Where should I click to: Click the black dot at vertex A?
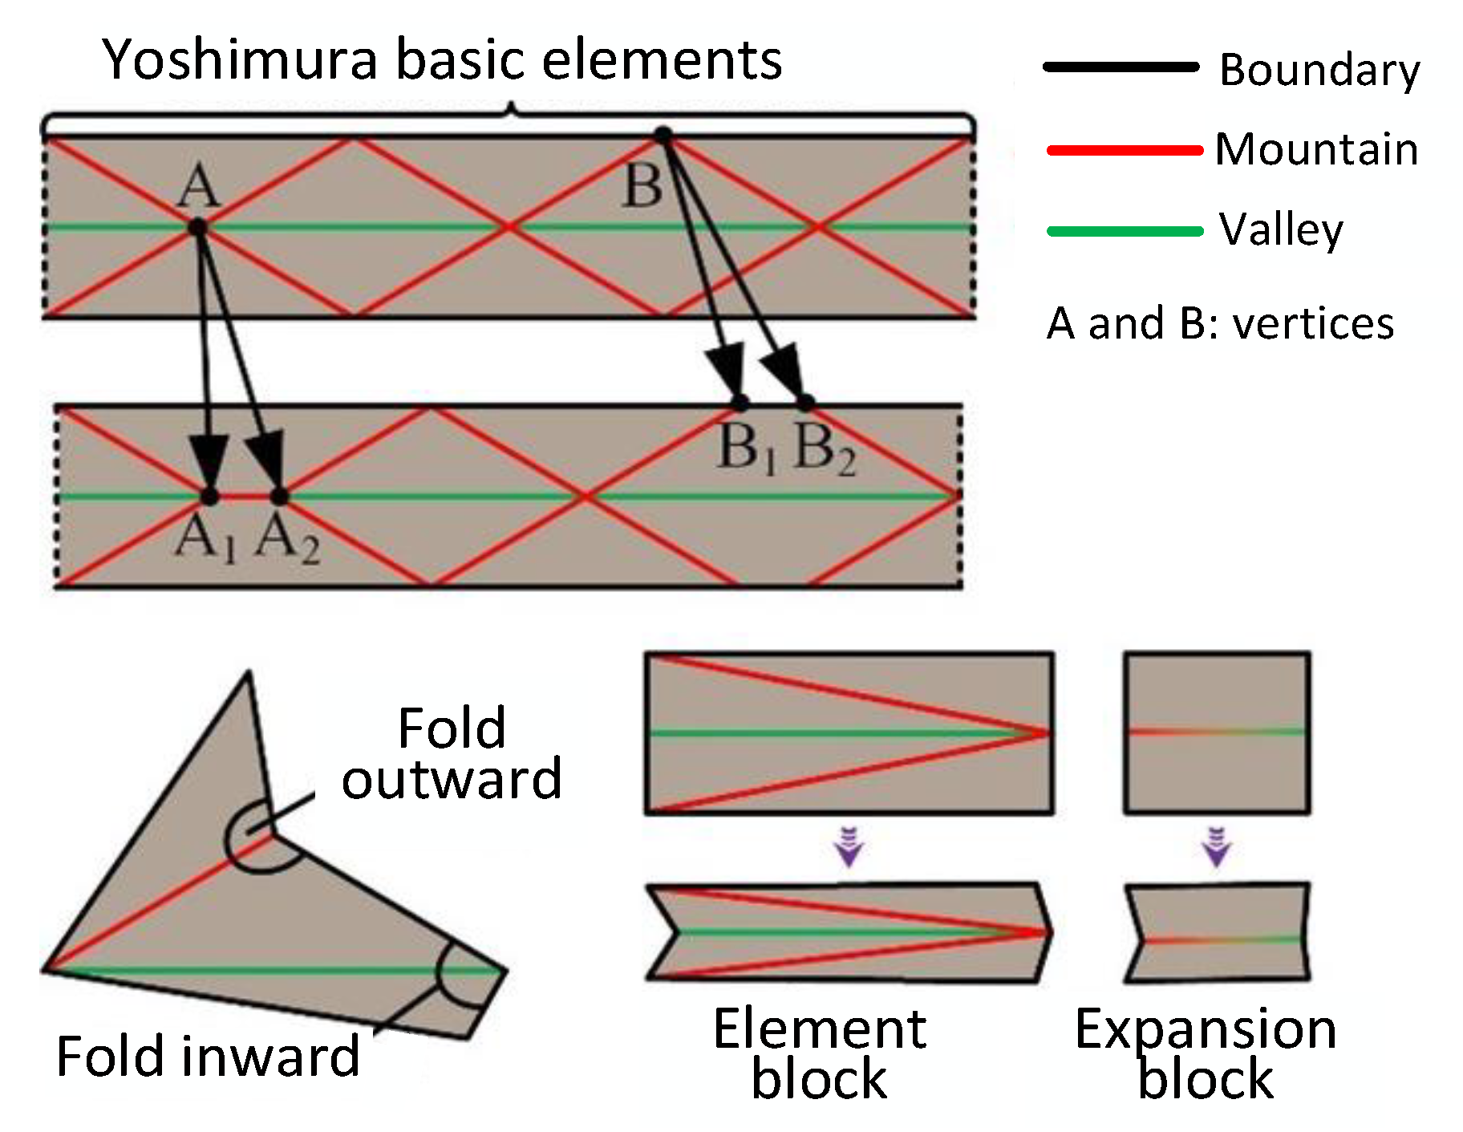197,228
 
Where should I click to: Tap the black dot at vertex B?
663,136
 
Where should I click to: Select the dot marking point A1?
209,497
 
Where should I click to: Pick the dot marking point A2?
279,497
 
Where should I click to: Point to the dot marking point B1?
740,402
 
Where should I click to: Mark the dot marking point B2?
805,402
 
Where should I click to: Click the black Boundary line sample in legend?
1121,67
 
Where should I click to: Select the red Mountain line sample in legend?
1124,150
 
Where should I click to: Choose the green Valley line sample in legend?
1124,231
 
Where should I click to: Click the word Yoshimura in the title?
241,60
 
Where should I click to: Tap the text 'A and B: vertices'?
1219,323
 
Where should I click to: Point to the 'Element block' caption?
820,1053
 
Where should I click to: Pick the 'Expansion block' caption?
1206,1053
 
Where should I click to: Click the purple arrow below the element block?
849,849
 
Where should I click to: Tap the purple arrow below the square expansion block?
1217,849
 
